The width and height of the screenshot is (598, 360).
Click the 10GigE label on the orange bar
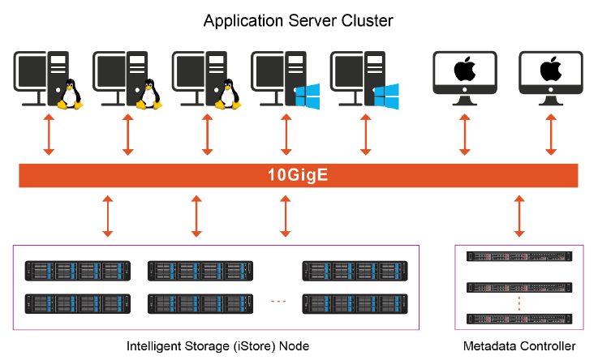pyautogui.click(x=299, y=175)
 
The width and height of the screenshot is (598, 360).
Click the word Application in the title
pyautogui.click(x=239, y=20)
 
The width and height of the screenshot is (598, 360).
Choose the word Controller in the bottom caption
pyautogui.click(x=547, y=346)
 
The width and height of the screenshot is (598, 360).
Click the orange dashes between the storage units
pyautogui.click(x=278, y=302)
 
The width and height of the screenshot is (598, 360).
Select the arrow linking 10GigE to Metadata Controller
pyautogui.click(x=520, y=215)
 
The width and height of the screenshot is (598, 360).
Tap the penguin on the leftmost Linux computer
pyautogui.click(x=71, y=95)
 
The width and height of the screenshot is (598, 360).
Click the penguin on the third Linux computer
pyautogui.click(x=228, y=95)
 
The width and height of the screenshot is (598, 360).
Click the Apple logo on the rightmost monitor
pyautogui.click(x=551, y=70)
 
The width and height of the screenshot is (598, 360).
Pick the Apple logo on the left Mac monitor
pyautogui.click(x=464, y=70)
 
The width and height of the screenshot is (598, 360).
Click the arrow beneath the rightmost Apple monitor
pyautogui.click(x=551, y=134)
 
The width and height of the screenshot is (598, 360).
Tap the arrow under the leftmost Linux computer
pyautogui.click(x=49, y=134)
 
